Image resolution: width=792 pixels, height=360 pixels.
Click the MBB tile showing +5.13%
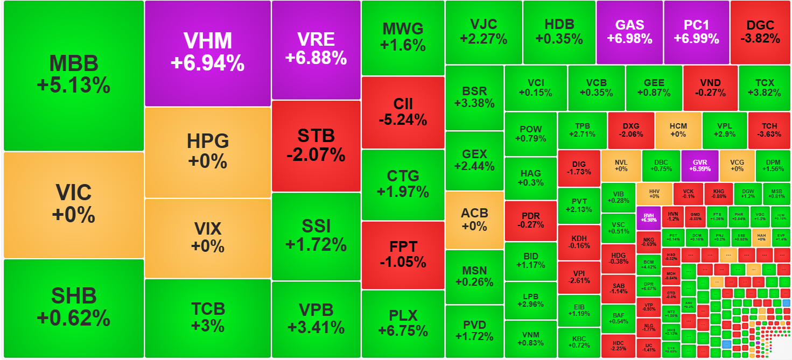[x=74, y=75]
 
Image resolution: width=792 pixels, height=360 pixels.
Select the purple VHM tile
[x=207, y=53]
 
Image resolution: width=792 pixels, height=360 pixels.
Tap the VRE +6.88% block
[x=316, y=50]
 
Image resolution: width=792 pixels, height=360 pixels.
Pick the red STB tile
[x=316, y=145]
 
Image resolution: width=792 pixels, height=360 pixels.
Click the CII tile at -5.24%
[x=403, y=112]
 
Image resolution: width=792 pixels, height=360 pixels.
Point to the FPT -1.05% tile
[x=403, y=255]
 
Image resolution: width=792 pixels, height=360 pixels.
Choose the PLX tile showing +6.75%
[x=403, y=323]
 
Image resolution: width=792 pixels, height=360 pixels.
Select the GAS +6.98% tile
[x=629, y=32]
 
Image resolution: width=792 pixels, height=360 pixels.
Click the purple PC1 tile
[x=696, y=32]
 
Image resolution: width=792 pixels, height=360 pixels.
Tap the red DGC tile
[x=760, y=32]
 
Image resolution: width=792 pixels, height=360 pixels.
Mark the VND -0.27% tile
[x=710, y=88]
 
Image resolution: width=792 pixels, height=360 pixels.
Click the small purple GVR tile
[x=699, y=165]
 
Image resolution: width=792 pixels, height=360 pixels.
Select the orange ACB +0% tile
[x=474, y=220]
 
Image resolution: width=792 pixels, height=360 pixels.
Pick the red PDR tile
[x=530, y=221]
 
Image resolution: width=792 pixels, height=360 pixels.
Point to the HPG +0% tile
[x=208, y=152]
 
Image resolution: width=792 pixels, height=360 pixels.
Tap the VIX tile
[x=208, y=237]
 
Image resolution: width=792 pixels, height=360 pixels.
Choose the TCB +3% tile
[x=208, y=317]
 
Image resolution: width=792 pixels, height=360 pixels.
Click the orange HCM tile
[x=678, y=130]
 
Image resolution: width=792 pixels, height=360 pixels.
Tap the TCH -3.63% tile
[x=768, y=130]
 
